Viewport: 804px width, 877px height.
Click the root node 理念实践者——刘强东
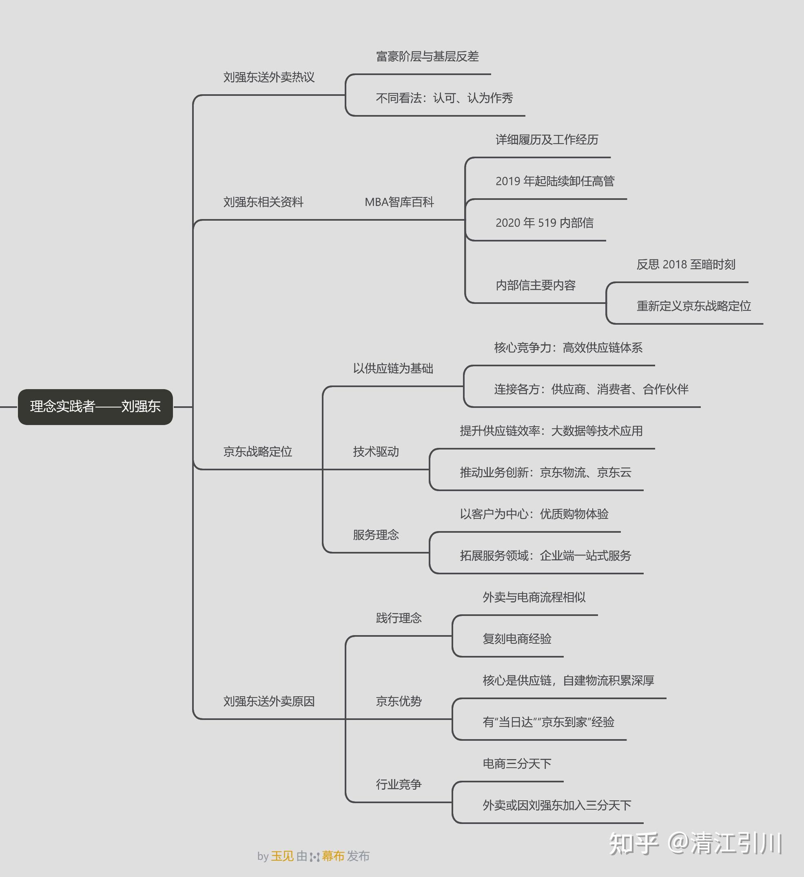[95, 407]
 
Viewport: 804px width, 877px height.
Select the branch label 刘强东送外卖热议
[269, 78]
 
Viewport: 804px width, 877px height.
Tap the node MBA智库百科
[399, 202]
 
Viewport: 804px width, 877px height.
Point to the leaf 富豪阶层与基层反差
[427, 57]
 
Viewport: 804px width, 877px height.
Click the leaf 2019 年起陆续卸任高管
[555, 182]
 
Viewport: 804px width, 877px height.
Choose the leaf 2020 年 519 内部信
[544, 223]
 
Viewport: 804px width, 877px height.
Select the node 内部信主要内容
[536, 286]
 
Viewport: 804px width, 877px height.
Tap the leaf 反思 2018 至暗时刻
[686, 264]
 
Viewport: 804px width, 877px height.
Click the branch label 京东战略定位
[257, 452]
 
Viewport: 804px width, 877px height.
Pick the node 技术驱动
[376, 452]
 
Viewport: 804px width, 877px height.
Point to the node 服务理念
[376, 535]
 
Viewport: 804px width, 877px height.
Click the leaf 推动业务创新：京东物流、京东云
[545, 473]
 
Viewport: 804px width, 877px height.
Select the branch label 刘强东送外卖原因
[269, 702]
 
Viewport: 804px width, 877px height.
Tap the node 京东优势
[399, 702]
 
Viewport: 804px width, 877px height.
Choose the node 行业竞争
[399, 785]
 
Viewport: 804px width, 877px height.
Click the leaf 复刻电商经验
[517, 639]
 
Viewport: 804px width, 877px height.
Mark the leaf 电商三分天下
[517, 764]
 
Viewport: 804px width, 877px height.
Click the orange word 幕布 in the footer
[333, 856]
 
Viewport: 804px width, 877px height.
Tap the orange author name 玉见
[282, 856]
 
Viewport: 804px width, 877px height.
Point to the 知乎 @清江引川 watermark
[695, 844]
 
